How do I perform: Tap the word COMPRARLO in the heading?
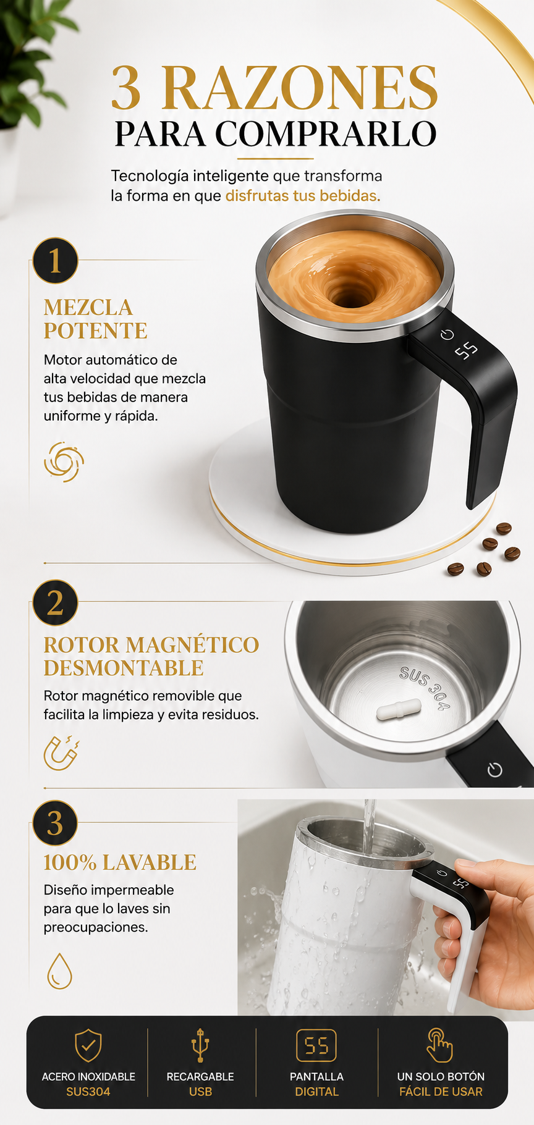point(326,133)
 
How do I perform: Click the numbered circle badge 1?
point(55,261)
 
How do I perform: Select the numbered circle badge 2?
point(55,602)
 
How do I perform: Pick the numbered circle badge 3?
point(55,823)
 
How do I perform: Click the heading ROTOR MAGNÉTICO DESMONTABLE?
point(151,656)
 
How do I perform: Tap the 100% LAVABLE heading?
point(120,862)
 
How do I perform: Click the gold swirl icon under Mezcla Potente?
point(64,461)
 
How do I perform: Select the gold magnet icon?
point(62,752)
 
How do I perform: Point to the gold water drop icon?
point(59,971)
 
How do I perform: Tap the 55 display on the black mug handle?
point(467,351)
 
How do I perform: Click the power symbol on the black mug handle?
point(447,335)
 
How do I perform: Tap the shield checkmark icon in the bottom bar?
point(88,1045)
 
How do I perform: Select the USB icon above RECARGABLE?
point(200,1045)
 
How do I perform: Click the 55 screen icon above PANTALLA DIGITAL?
point(316,1045)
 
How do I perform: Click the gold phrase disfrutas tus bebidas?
point(303,196)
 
